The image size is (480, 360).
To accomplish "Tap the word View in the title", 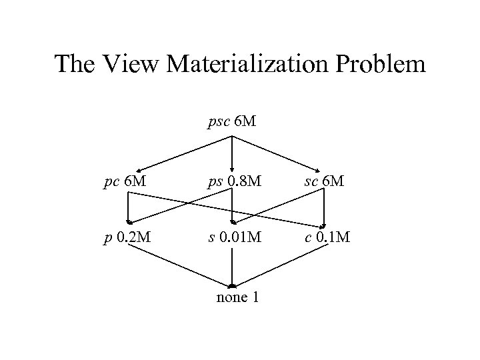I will tap(135, 64).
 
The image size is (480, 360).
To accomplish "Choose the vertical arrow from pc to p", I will tap(127, 208).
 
